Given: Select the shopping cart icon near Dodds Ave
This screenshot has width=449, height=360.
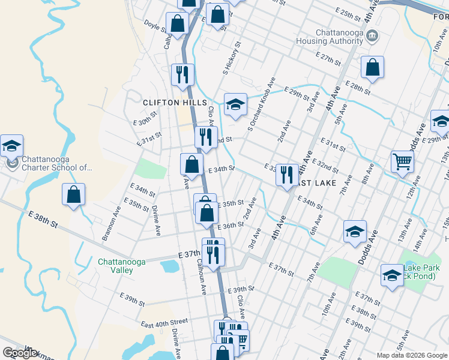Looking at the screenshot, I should (x=402, y=161).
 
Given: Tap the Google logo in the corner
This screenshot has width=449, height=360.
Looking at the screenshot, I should (x=20, y=353).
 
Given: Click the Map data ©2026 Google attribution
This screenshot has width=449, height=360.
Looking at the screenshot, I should (x=411, y=355).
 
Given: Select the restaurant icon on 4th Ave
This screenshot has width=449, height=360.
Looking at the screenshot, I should (x=287, y=175).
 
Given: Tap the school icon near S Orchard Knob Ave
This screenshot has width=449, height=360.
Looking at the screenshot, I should (x=236, y=104).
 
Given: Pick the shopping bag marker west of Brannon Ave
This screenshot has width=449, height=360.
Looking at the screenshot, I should (x=73, y=195).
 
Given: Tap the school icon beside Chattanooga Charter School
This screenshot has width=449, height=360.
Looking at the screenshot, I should (x=11, y=146).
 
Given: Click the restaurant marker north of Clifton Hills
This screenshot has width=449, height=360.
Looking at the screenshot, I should (x=182, y=74).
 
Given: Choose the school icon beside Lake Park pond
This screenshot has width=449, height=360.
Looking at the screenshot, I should (x=392, y=275).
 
